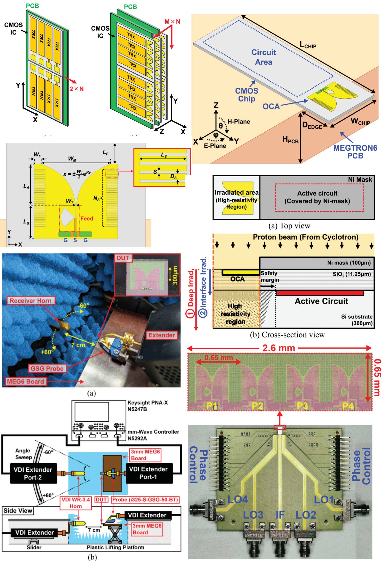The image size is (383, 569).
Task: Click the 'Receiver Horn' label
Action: [30, 301]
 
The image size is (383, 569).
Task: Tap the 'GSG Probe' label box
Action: [47, 368]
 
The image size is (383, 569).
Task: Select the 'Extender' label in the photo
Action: [162, 335]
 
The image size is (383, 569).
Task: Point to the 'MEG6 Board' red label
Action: [25, 382]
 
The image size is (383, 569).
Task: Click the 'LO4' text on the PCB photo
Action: [238, 499]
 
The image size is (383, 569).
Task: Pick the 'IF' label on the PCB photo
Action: [280, 515]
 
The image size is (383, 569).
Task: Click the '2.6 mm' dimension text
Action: [279, 348]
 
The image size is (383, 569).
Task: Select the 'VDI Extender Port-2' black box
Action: [33, 473]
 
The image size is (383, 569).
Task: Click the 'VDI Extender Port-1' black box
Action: [148, 473]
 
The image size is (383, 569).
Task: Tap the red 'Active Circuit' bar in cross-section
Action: [320, 293]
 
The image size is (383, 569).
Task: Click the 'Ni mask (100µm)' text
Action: [349, 263]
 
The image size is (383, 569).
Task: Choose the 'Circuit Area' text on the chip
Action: [263, 57]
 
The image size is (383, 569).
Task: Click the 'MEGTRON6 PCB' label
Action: [355, 152]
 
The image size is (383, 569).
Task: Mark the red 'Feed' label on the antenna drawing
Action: [87, 218]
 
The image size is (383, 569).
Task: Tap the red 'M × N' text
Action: [172, 22]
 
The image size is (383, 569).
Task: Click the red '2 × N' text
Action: [76, 89]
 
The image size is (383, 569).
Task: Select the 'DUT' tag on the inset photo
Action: [123, 258]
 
